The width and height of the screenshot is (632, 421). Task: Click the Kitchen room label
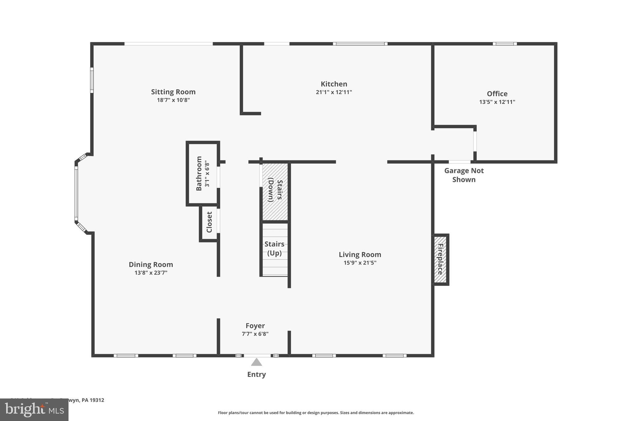334,84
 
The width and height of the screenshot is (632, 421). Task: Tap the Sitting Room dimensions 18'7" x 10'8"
173,100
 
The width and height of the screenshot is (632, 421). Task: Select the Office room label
497,94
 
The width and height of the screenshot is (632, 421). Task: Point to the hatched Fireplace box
440,259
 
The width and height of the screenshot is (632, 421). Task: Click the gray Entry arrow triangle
256,362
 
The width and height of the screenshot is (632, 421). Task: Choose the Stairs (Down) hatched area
275,191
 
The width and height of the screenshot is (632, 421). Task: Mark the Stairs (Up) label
274,249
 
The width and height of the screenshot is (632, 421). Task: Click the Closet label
209,222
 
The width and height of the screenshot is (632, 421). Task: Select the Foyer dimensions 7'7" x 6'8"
255,334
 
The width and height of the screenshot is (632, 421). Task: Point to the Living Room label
360,254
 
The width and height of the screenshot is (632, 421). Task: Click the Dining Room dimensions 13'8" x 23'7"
151,273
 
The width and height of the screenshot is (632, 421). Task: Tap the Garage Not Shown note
464,175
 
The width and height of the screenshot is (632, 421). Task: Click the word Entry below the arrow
256,374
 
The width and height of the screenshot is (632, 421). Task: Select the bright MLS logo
34,410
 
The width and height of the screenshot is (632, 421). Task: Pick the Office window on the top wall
505,44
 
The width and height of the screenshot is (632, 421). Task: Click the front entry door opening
257,356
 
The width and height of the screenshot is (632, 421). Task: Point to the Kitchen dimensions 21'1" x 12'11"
334,92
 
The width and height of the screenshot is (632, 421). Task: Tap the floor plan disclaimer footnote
316,413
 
